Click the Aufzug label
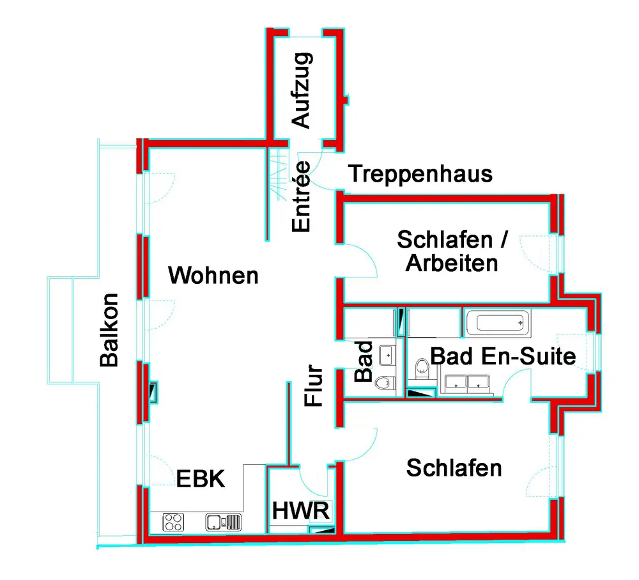(300, 90)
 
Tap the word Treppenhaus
(421, 173)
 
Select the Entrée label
(300, 196)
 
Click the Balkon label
(109, 330)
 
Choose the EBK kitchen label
(201, 479)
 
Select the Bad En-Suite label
(504, 356)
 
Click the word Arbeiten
(452, 263)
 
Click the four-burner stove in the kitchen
(173, 522)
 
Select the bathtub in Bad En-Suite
(498, 323)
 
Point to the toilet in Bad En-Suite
(422, 366)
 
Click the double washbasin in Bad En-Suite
(466, 383)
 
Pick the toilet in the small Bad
(383, 382)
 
